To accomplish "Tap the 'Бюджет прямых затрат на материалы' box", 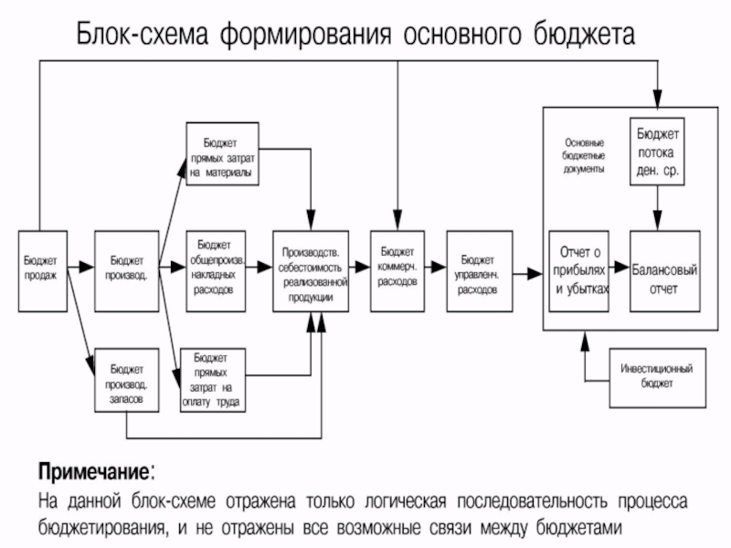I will tap(221, 153).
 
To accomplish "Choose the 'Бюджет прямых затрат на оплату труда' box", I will tap(217, 378).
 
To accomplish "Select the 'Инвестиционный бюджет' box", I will tap(657, 376).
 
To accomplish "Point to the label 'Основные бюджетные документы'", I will tap(584, 156).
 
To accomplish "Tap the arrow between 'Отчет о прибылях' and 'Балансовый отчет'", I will tap(620, 270).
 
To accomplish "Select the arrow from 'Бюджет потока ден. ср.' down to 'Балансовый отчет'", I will tap(657, 208).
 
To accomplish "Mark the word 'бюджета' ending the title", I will tap(583, 36).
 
